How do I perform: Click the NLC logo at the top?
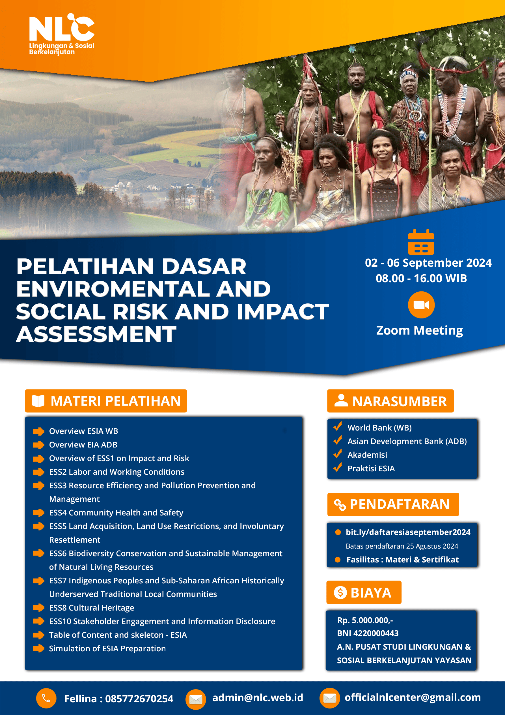coord(62,34)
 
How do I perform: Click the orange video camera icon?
coord(421,305)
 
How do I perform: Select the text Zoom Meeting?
coord(419,330)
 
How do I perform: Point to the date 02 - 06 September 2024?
coord(428,263)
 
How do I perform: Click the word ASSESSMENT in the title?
coord(96,334)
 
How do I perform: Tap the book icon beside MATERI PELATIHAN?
coord(38,401)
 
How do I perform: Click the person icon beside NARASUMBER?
coord(341,401)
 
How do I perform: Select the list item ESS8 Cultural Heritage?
coord(92,607)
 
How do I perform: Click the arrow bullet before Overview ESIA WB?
coord(38,431)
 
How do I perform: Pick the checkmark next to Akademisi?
coord(338,454)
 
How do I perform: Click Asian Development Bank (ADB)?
coord(407,441)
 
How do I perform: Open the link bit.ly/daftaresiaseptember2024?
coord(408,532)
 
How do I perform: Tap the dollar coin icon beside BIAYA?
coord(340,592)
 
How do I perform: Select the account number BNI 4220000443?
coord(368,633)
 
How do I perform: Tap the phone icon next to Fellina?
coord(46,699)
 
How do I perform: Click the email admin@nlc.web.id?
coord(257,697)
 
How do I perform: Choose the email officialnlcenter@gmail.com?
coord(412,697)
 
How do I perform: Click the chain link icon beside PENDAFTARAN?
coord(340,505)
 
